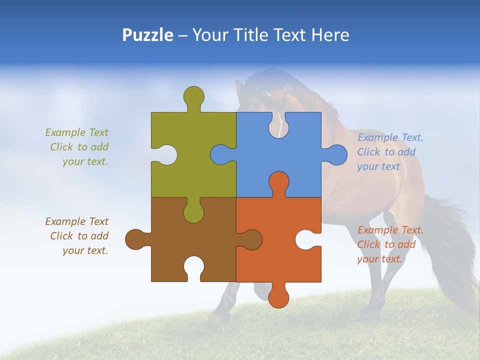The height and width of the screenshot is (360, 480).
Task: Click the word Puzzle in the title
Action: pos(148,35)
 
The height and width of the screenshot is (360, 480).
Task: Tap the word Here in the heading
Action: pos(330,35)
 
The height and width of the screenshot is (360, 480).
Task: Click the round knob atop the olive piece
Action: pos(193,96)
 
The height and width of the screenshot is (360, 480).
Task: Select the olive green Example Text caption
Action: pos(78,147)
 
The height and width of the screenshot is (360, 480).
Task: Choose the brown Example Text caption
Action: pos(78,236)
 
